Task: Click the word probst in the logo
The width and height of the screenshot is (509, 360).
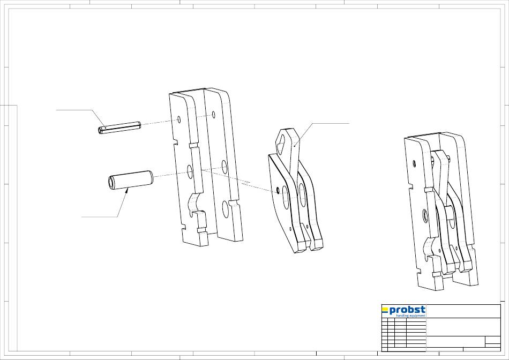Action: [407, 310]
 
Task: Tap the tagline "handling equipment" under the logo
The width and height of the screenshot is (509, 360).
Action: [410, 316]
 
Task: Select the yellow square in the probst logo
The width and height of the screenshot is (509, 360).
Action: [385, 309]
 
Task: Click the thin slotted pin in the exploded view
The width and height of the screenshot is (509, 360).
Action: [119, 127]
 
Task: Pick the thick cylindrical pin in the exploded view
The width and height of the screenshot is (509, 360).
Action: [130, 180]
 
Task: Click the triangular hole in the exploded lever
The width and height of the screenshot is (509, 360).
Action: [281, 141]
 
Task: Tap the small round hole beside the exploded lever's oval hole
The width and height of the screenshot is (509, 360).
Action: [278, 189]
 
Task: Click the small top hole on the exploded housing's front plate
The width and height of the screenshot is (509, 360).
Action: [179, 120]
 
